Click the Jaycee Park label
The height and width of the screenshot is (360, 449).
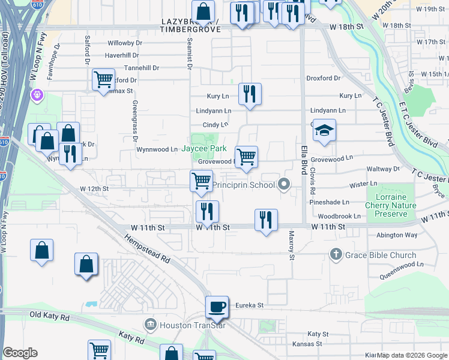click(203, 148)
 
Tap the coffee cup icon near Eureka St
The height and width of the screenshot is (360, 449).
click(217, 307)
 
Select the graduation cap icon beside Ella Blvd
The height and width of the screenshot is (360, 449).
click(324, 130)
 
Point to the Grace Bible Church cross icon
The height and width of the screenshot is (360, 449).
click(336, 255)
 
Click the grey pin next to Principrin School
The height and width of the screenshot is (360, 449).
click(285, 185)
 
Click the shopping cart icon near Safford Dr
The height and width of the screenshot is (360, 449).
click(103, 79)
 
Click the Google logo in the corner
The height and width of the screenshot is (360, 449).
click(20, 353)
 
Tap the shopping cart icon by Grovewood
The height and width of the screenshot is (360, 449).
click(246, 157)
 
